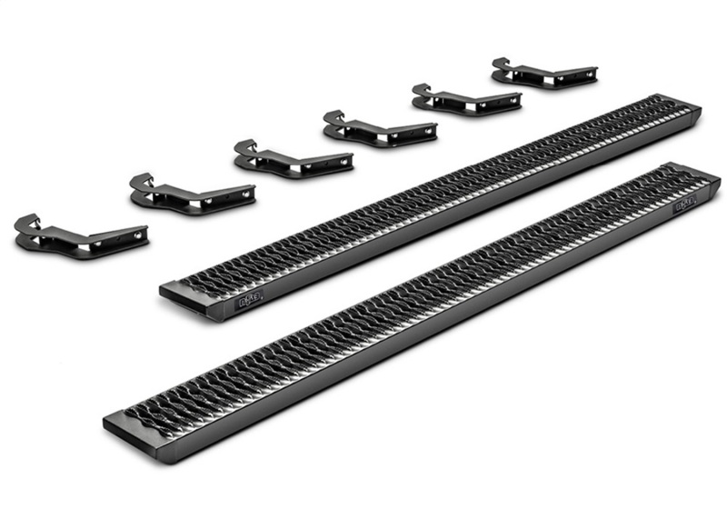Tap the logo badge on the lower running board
pos(684,205)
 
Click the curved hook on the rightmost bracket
pos(501,65)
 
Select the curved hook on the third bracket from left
pos(244,148)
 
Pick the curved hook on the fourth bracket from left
pos(334,118)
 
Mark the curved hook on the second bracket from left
pos(141,182)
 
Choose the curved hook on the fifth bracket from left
pos(421,91)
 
